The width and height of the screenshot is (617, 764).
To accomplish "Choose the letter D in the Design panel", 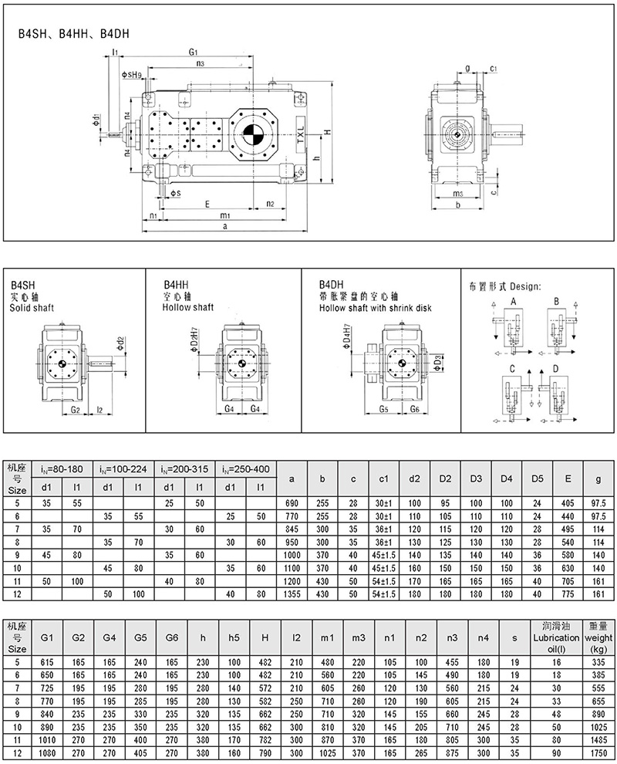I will pos(555,370).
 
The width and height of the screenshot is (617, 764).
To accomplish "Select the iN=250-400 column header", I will pos(245,468).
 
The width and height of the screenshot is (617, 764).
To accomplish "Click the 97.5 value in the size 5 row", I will pos(599,502).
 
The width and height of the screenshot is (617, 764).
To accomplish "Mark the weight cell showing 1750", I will pos(599,749).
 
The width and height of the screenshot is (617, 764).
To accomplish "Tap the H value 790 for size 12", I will pos(265,749).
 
